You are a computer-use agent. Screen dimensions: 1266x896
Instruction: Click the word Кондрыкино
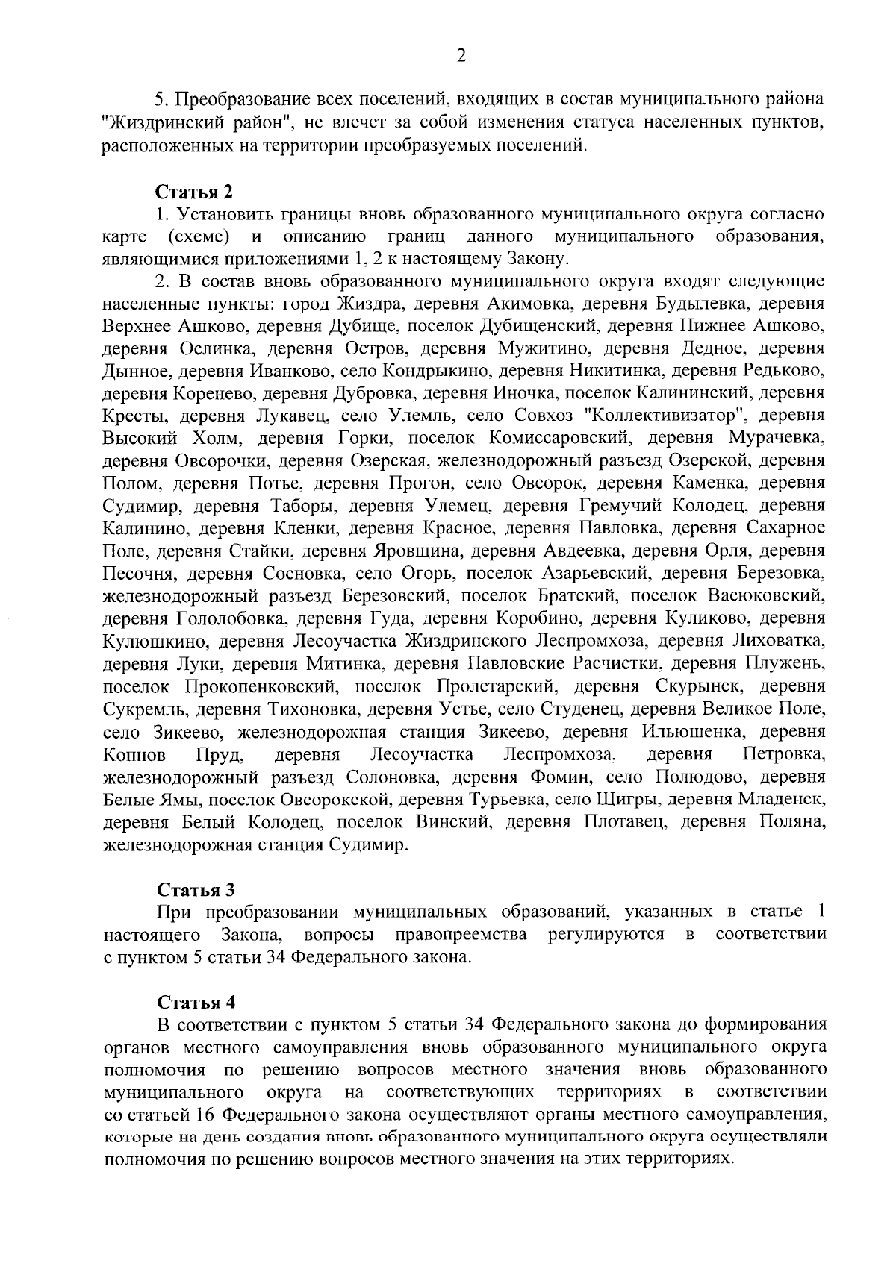click(435, 371)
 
